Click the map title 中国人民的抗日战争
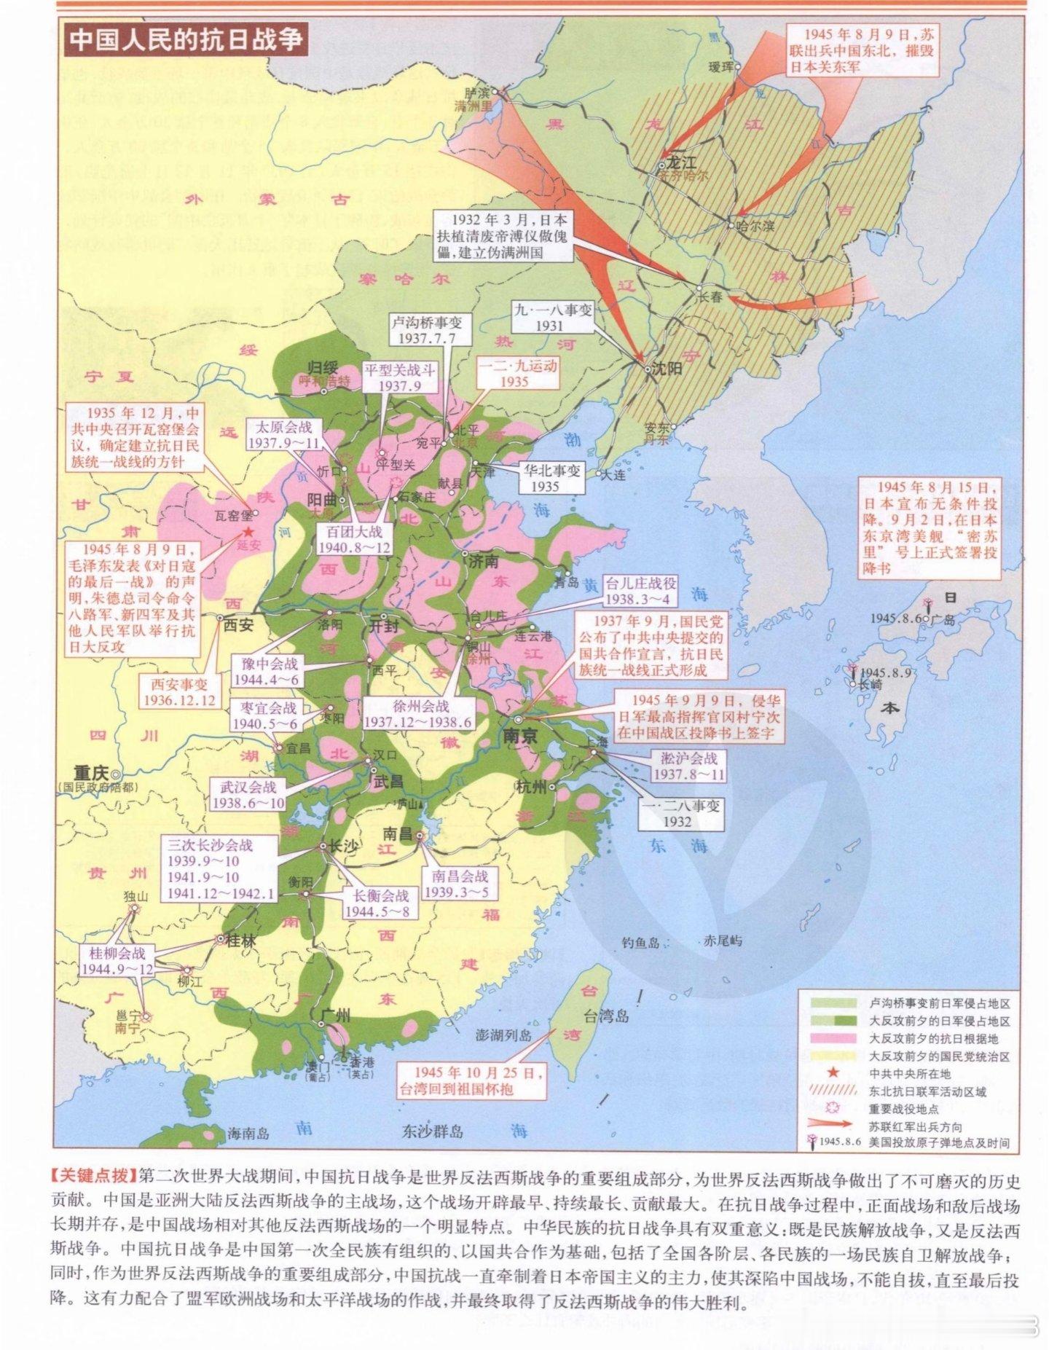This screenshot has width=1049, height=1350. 186,39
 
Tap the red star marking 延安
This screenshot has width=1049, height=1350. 251,533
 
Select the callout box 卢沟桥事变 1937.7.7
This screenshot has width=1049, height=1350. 432,330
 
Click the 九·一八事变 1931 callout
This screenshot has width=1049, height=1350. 553,318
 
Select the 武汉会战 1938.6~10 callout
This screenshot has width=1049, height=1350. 246,794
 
